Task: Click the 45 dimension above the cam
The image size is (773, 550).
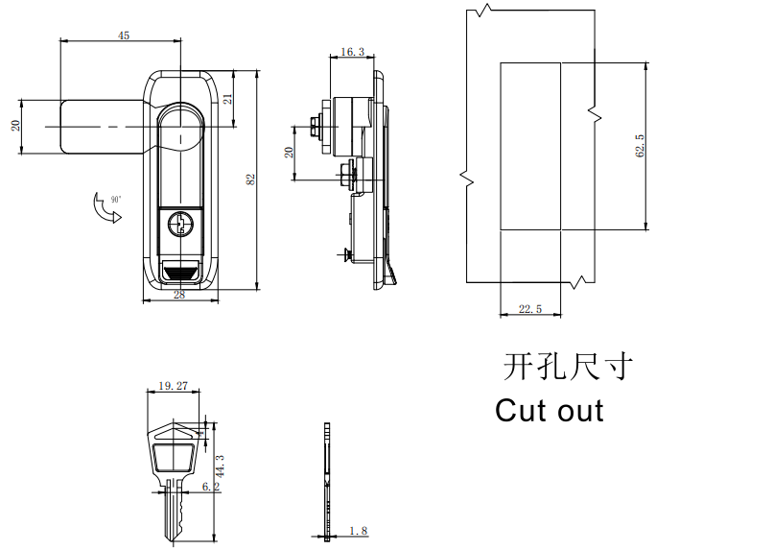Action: click(x=123, y=36)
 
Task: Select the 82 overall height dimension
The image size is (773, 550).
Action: click(x=250, y=179)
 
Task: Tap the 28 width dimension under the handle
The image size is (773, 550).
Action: click(x=179, y=296)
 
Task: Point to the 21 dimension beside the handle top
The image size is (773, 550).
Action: click(x=227, y=99)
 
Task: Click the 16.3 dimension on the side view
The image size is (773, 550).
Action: click(x=352, y=52)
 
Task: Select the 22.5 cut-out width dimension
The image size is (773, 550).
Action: click(x=529, y=309)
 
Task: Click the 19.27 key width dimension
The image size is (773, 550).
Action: click(x=174, y=386)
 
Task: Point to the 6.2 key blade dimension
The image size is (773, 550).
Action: click(x=211, y=488)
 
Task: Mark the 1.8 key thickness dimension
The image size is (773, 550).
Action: click(x=359, y=531)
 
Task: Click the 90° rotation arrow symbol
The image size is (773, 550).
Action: click(x=104, y=209)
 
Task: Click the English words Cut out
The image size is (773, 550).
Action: click(x=550, y=411)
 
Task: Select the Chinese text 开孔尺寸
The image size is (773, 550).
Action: click(x=569, y=367)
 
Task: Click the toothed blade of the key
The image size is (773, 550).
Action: click(x=175, y=511)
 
